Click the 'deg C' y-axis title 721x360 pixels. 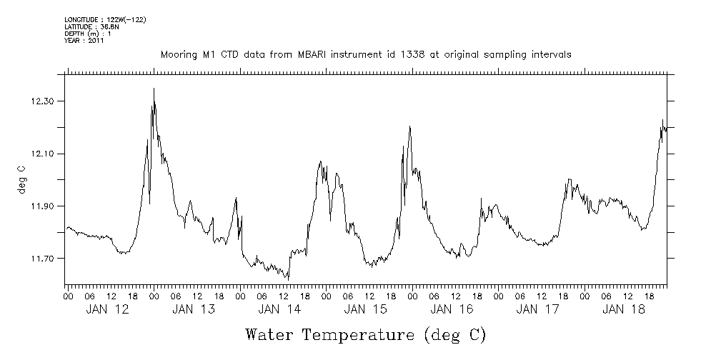click(21, 180)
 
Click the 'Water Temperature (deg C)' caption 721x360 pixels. click(366, 334)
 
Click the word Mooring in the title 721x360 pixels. click(179, 55)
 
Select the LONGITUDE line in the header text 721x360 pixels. click(105, 20)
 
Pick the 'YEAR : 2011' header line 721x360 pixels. click(84, 40)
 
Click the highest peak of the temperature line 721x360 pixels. click(154, 89)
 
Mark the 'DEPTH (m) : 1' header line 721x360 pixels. click(89, 34)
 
